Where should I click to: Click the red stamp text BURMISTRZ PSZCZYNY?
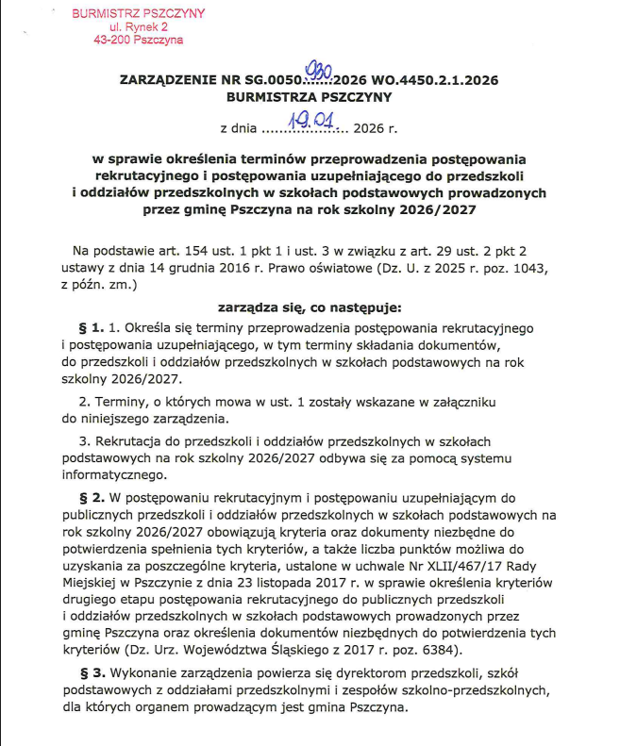click(x=138, y=15)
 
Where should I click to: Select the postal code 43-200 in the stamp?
click(x=116, y=41)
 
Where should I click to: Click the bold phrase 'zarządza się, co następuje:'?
click(x=310, y=307)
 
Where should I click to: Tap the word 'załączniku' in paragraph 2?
click(x=483, y=400)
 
